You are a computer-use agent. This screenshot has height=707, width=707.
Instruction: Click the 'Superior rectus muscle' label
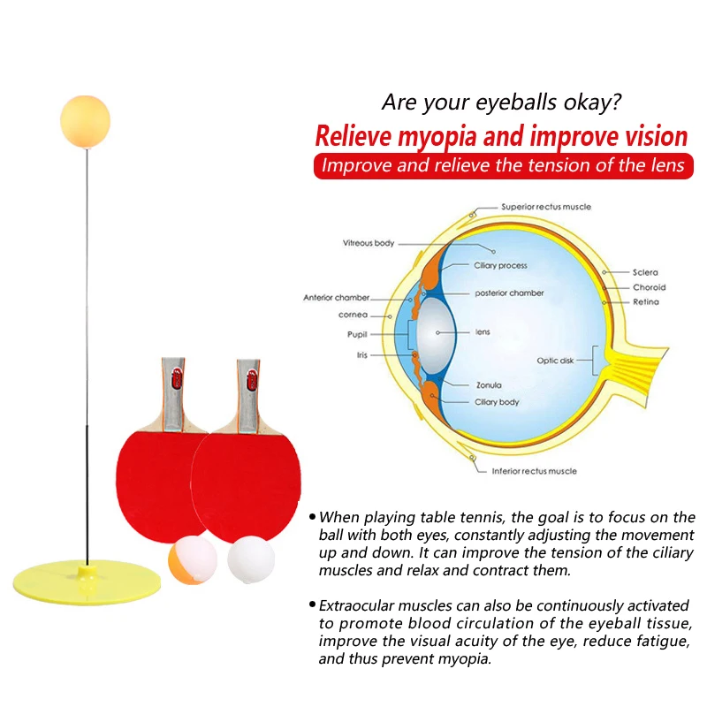coord(546,207)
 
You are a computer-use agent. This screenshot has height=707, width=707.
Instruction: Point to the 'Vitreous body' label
coord(369,242)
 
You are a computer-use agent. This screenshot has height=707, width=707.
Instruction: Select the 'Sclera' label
coord(645,272)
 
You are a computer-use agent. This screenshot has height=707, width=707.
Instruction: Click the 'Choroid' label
coord(649,287)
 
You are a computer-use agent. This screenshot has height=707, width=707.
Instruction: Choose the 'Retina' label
coord(645,302)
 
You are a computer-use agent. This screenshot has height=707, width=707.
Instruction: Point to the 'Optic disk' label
coord(556,361)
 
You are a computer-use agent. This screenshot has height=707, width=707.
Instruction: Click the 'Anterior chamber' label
coord(336,298)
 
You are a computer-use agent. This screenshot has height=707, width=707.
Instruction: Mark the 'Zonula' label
coord(489,385)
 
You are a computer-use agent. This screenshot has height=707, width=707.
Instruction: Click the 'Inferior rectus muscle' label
coord(534,471)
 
